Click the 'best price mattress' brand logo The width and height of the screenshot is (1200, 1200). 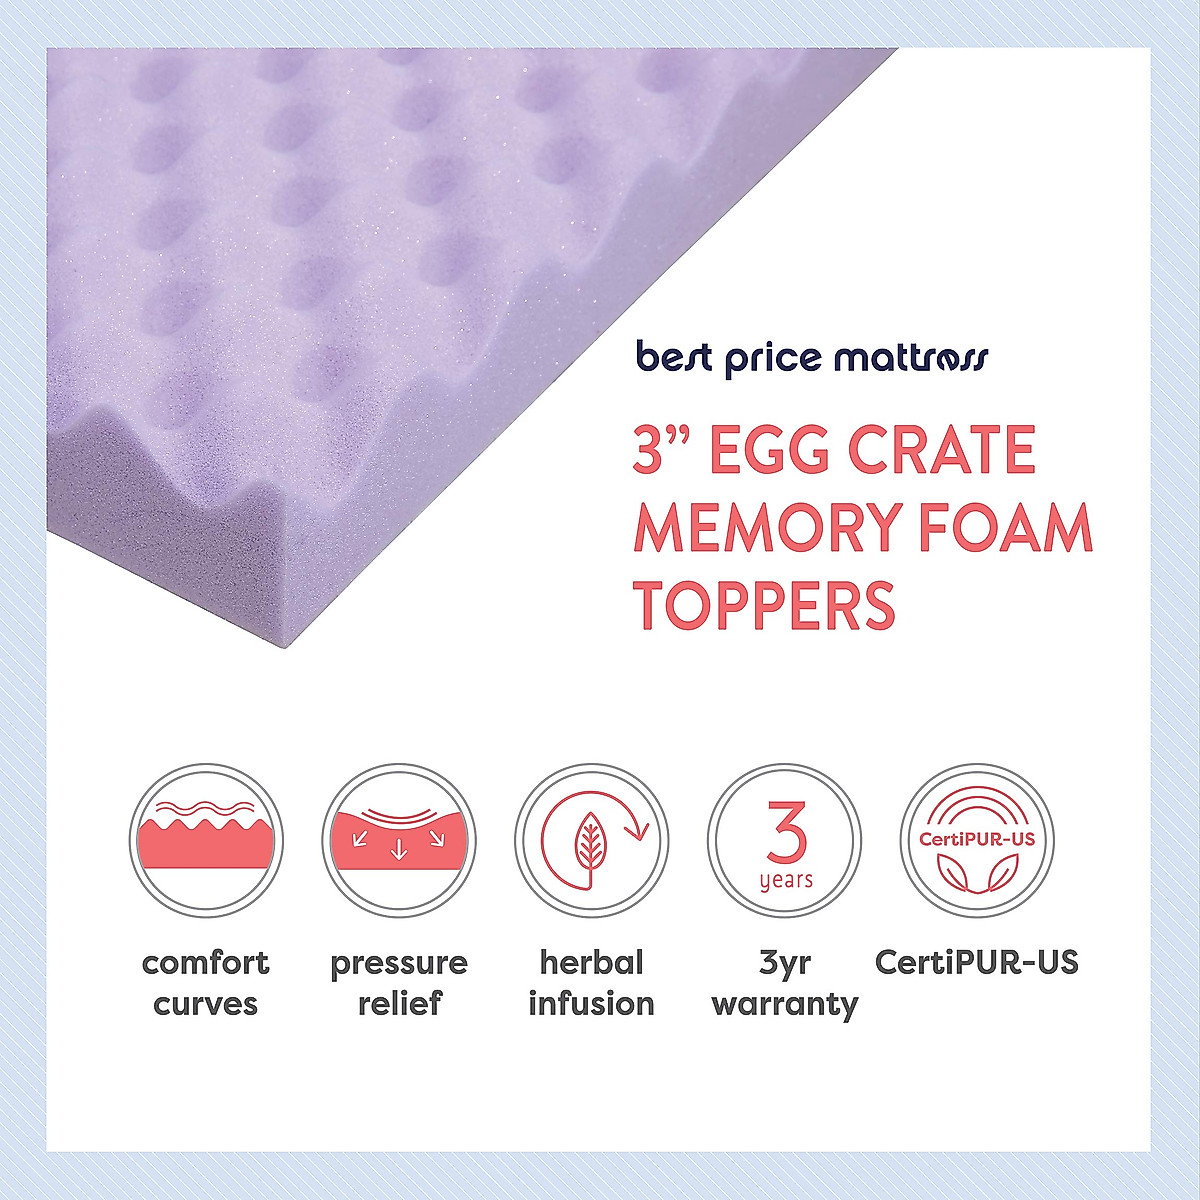pos(812,358)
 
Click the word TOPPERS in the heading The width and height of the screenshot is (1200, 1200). pos(764,606)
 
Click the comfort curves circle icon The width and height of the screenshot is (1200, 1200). pos(206,841)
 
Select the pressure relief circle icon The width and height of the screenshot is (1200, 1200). pos(399,841)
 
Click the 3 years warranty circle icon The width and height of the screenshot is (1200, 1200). pos(785,841)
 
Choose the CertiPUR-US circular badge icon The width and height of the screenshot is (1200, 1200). pos(977,841)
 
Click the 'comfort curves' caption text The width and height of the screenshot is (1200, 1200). pos(206,983)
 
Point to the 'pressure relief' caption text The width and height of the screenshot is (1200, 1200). pos(399,983)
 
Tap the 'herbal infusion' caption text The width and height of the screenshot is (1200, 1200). pos(592,983)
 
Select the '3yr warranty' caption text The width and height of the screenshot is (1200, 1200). pos(785,983)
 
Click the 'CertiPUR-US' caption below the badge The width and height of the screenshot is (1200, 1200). pos(977,963)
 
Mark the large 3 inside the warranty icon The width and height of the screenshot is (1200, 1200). pos(787,832)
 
